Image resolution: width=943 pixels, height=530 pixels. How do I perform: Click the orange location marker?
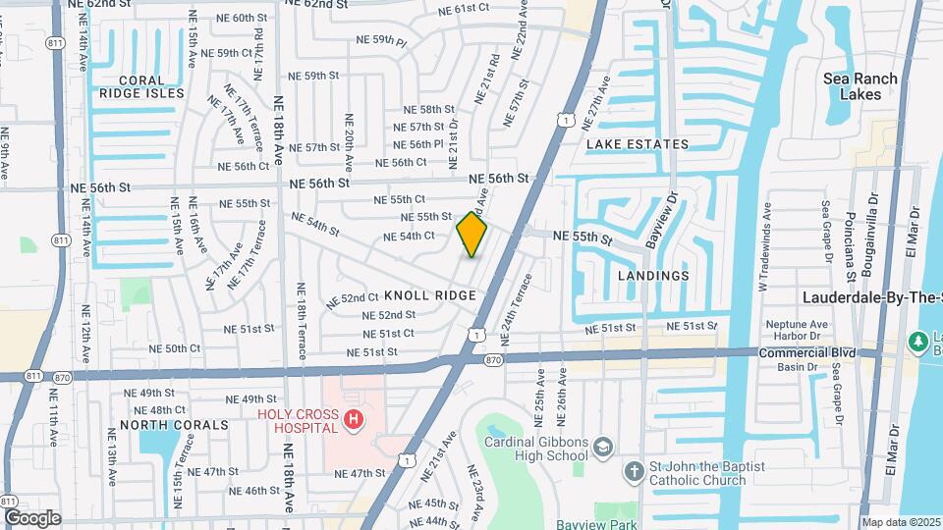(471, 235)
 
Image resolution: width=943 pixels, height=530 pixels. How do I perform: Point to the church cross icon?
(635, 472)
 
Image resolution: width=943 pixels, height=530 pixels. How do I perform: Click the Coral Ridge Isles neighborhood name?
(141, 86)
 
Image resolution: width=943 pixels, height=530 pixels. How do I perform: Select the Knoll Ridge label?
(430, 295)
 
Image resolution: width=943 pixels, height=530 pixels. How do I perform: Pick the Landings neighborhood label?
(653, 276)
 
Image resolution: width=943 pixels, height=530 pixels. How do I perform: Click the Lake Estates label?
(638, 144)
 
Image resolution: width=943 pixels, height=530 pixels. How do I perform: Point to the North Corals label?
(160, 425)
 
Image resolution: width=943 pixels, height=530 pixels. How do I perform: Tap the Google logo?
(31, 517)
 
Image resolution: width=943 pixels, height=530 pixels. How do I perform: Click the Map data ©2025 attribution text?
(901, 522)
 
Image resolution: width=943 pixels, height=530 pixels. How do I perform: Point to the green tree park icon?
(919, 341)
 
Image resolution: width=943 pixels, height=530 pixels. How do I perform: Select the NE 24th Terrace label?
(517, 308)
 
